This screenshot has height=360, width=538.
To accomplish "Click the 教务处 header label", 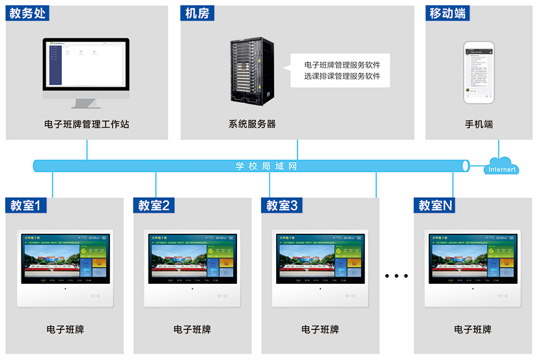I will tap(27, 14).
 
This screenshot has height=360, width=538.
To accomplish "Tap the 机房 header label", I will tap(197, 14).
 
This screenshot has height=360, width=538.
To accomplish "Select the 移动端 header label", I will tap(447, 14).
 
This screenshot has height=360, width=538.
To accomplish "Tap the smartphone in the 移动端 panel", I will tap(479, 72).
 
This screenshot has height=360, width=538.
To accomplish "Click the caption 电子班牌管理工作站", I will tap(87, 124).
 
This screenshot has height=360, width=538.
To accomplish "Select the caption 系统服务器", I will tap(252, 124).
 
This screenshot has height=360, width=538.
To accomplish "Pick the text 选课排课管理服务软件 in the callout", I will tap(342, 76).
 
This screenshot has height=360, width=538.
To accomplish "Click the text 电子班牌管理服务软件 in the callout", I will tap(342, 65).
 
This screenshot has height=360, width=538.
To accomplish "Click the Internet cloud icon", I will tap(501, 167).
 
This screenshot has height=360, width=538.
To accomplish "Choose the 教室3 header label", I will tap(282, 206).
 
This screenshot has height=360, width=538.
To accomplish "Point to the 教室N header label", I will tap(435, 206).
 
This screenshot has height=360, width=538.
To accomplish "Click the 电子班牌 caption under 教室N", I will tap(473, 330).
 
